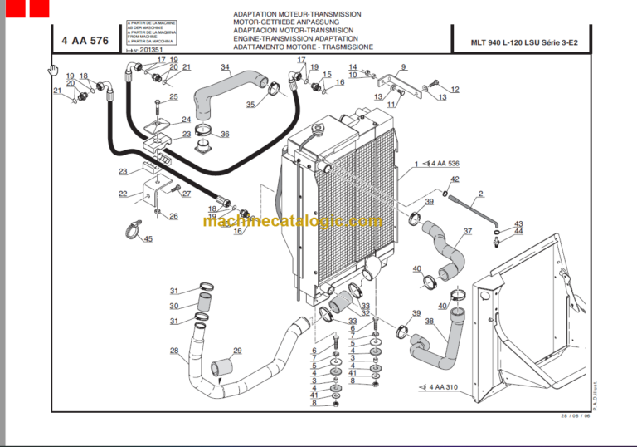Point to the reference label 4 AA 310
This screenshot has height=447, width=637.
point(444,387)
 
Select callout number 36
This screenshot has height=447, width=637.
point(225,134)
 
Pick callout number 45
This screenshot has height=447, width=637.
point(148,239)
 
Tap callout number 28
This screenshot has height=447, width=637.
point(174,351)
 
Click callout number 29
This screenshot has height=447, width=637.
point(237,351)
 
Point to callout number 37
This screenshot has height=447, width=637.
point(468,231)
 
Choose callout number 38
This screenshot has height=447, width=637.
point(429,321)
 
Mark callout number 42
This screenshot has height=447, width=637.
point(455,179)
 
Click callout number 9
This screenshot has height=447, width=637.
point(403,67)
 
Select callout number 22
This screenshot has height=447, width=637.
point(123,194)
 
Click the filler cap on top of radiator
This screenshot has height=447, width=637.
point(316,130)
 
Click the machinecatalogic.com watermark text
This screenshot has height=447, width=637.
point(293,221)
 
